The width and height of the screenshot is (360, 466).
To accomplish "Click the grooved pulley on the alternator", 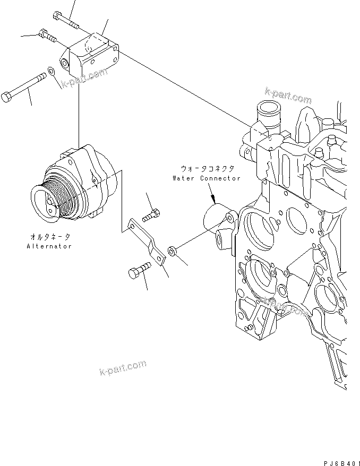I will tap(56, 200).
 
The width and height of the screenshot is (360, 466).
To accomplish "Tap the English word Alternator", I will tap(49, 247).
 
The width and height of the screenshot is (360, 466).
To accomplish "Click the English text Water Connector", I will tap(206, 178).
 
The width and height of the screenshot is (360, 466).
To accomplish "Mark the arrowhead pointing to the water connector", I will tap(213, 201).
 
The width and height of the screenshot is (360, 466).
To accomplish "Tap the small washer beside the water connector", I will tap(172, 249).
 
